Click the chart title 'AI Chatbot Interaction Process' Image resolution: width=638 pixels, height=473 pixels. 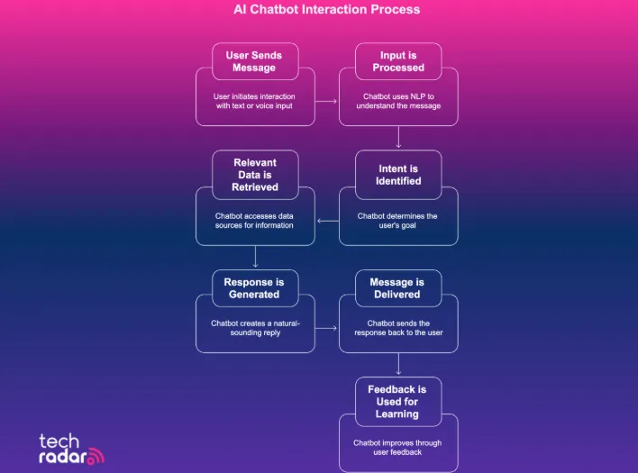pos(320,10)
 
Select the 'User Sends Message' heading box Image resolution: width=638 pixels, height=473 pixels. pos(255,61)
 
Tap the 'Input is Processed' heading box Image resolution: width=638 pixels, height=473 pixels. pos(397,61)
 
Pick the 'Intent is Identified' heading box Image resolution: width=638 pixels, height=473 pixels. pos(397,174)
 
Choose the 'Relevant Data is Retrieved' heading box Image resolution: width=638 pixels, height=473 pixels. pos(255,174)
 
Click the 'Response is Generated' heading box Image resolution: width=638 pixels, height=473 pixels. pos(255,287)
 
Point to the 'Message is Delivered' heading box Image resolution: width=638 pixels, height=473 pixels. pos(397,287)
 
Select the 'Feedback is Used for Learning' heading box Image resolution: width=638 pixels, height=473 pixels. pos(397,401)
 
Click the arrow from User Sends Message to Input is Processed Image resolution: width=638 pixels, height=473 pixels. pos(326,102)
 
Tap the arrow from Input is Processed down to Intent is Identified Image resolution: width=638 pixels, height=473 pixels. pos(398,137)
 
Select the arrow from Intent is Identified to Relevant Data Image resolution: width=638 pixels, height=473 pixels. pos(327,216)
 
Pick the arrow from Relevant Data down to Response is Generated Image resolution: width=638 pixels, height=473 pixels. pos(256,257)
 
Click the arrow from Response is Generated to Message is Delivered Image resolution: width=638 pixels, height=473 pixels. pos(326,328)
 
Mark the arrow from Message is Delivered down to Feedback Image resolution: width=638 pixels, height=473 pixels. pos(398,364)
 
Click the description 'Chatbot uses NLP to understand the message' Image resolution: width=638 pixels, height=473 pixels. pos(398,101)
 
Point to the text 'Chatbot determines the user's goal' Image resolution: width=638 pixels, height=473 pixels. pos(398,221)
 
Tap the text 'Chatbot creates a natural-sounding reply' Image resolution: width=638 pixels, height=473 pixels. pos(256,328)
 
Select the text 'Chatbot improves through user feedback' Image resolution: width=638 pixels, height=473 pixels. pos(398,447)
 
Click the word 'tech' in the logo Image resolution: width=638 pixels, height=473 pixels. pos(59,441)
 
